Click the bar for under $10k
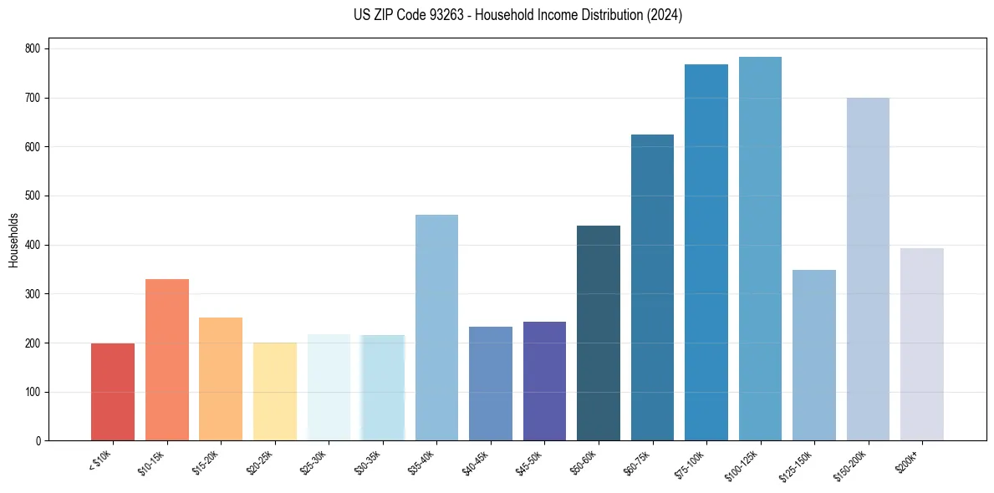tap(113, 392)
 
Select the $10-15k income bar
tap(167, 360)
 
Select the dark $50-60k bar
tap(599, 333)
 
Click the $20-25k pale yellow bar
tap(275, 392)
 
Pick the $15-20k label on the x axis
tap(206, 462)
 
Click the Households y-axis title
tap(13, 240)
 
